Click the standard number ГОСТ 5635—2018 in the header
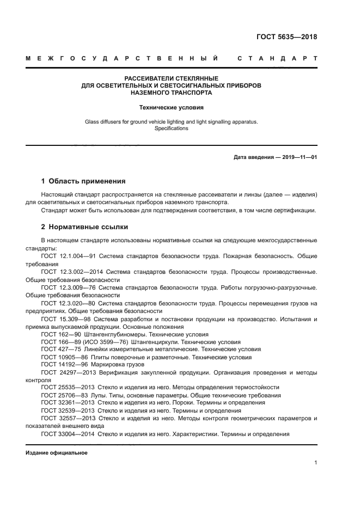coord(286,38)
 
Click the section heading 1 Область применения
coord(83,181)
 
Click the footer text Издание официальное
coord(57,453)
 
